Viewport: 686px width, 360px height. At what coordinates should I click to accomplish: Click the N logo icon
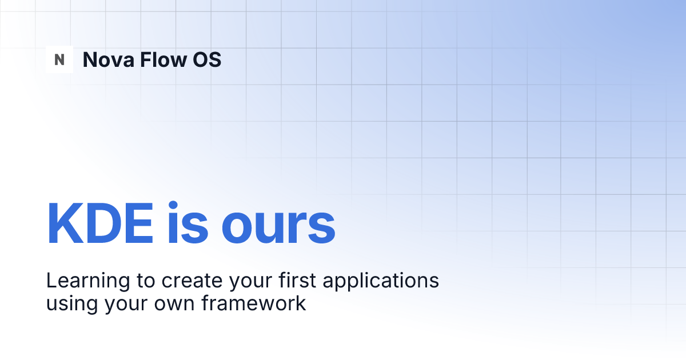click(x=59, y=59)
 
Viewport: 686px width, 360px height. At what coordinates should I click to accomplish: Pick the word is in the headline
click(x=187, y=224)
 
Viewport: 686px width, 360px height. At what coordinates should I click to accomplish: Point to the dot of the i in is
click(x=175, y=204)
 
